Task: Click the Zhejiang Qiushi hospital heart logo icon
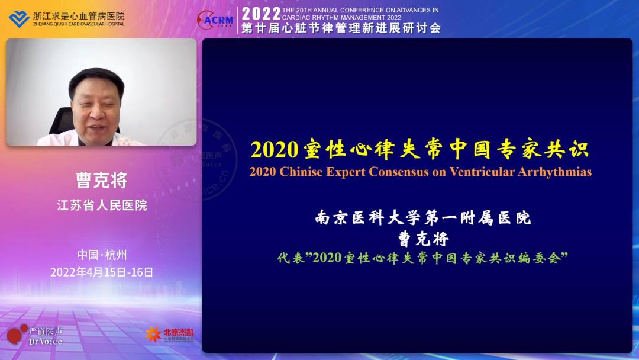pyautogui.click(x=19, y=18)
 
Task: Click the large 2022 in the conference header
pyautogui.click(x=261, y=14)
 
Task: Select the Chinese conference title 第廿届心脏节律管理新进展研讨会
pyautogui.click(x=341, y=28)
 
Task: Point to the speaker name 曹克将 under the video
pyautogui.click(x=101, y=180)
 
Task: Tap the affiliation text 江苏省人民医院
pyautogui.click(x=101, y=205)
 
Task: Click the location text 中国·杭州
pyautogui.click(x=101, y=255)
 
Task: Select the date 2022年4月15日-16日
pyautogui.click(x=101, y=272)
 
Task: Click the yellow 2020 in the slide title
pyautogui.click(x=273, y=150)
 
